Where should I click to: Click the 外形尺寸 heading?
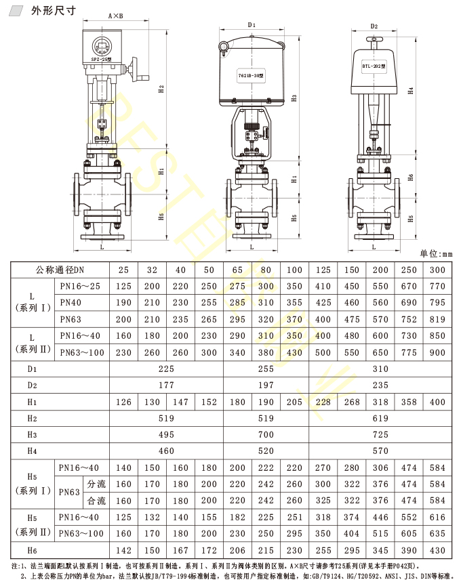[54, 10]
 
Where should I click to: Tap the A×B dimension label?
[115, 16]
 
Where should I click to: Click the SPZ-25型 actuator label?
[101, 59]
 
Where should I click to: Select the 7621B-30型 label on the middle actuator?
[252, 76]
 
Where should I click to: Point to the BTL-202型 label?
[374, 66]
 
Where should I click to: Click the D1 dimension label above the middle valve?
[252, 24]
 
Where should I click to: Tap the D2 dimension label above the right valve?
[374, 26]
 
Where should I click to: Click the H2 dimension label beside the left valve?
[161, 89]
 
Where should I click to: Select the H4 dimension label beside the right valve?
[410, 91]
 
